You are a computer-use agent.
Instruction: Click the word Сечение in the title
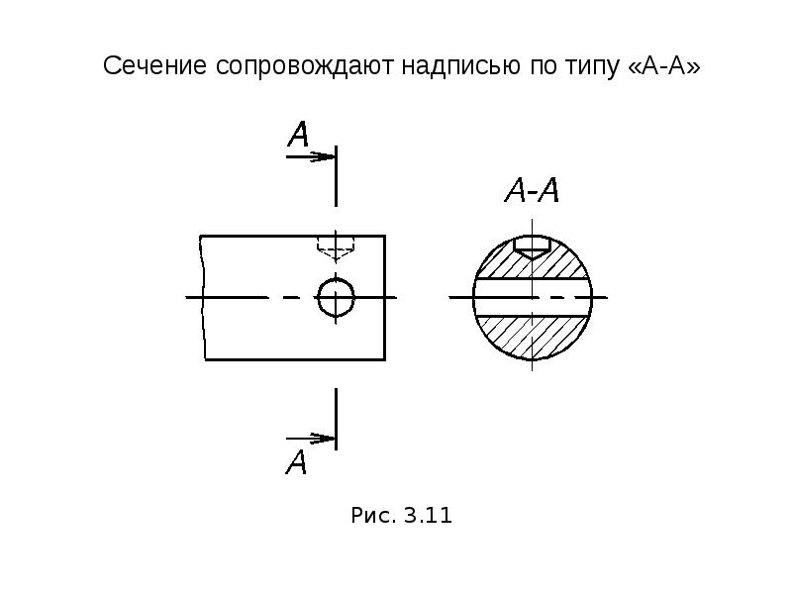pos(154,65)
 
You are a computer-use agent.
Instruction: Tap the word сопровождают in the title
pos(305,66)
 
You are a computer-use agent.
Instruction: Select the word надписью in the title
pos(460,66)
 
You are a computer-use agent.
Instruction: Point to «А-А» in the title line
pos(663,65)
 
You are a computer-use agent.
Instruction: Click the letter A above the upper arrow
pos(299,134)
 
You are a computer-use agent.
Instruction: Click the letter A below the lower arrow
pos(296,461)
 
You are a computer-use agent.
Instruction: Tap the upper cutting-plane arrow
pos(311,157)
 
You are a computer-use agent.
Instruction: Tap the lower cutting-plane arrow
pos(311,439)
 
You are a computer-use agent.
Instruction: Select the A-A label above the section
pos(532,190)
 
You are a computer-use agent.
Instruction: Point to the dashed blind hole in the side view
pos(336,248)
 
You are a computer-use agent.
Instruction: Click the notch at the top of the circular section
pos(532,247)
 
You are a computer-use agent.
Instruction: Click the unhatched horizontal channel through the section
pos(532,298)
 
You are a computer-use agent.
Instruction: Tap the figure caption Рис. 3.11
pos(402,516)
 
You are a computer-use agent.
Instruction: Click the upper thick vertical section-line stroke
pos(337,176)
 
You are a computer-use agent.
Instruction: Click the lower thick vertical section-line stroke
pos(337,419)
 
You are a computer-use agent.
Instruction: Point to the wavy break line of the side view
pos(203,298)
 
